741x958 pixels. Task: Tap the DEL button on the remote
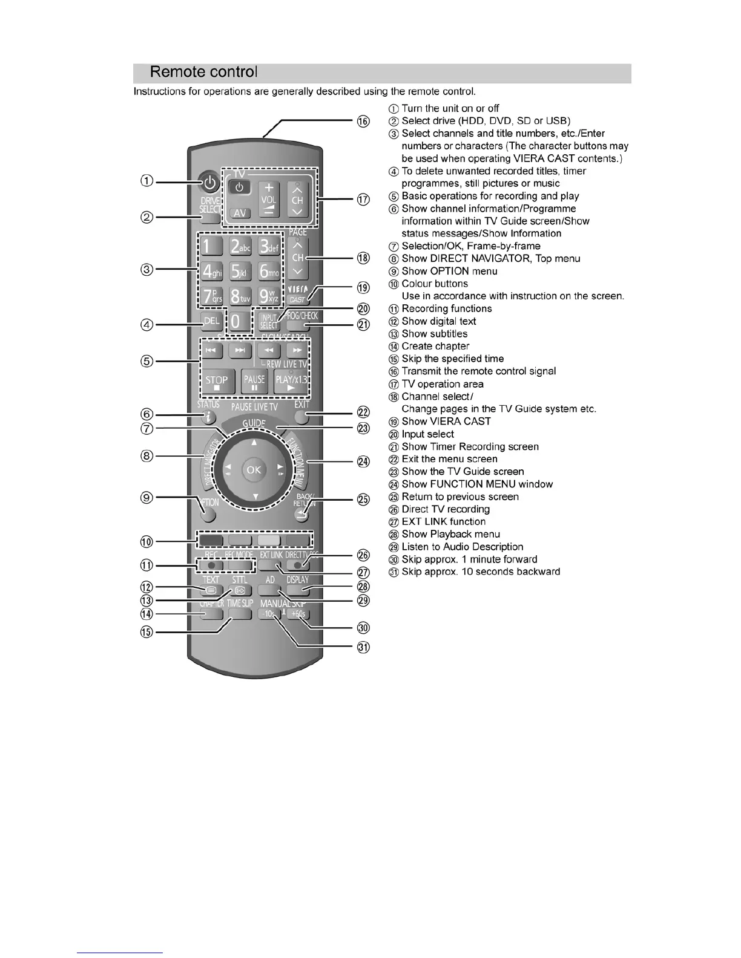click(x=211, y=322)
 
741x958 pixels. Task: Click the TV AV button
click(x=240, y=213)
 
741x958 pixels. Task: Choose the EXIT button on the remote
click(x=301, y=416)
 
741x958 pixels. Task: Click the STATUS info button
click(x=209, y=416)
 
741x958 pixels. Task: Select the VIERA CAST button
click(x=297, y=294)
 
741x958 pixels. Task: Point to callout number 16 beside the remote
click(x=363, y=122)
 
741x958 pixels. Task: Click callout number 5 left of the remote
click(x=147, y=362)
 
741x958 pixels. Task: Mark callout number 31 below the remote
click(x=363, y=647)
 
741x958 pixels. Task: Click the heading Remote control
click(x=203, y=72)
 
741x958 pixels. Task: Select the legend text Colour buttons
click(x=435, y=284)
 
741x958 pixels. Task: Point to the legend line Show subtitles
click(x=434, y=334)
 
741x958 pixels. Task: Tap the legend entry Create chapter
click(x=435, y=347)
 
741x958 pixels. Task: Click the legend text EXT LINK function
click(x=443, y=522)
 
